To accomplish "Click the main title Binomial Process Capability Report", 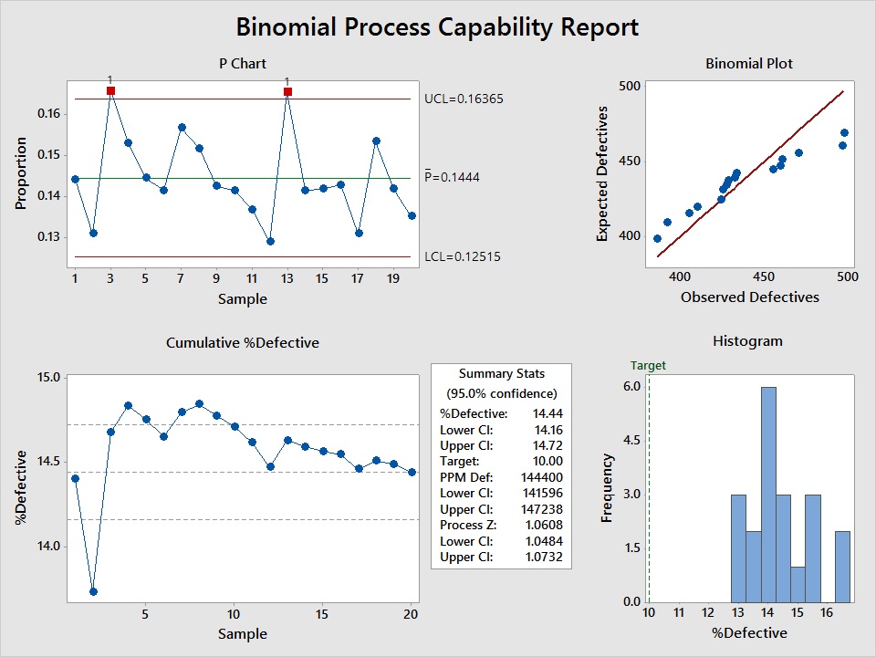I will (437, 26).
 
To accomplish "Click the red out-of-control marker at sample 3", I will (110, 91).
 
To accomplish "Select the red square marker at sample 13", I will (287, 91).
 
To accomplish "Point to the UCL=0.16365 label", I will (464, 99).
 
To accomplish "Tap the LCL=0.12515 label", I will (463, 256).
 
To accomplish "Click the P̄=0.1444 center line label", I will (453, 177).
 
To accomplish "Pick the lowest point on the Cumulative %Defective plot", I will (92, 591).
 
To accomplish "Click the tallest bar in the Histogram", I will (768, 494).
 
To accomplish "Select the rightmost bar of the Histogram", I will (842, 566).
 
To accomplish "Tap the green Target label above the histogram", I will (648, 365).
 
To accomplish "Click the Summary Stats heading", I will (501, 373).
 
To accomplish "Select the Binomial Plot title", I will (749, 64).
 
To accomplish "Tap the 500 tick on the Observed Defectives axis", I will (848, 276).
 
